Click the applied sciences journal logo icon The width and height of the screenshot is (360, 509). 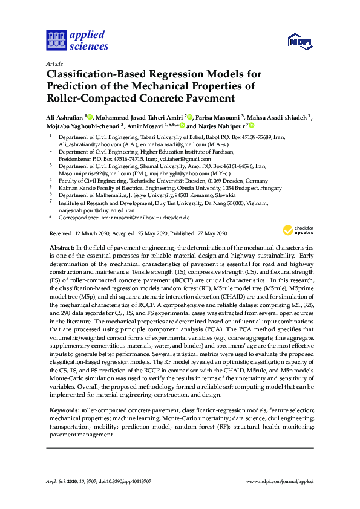(56, 41)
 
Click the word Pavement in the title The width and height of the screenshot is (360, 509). (205, 98)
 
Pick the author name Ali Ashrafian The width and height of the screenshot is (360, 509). (66, 117)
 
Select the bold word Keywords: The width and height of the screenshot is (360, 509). (64, 410)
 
